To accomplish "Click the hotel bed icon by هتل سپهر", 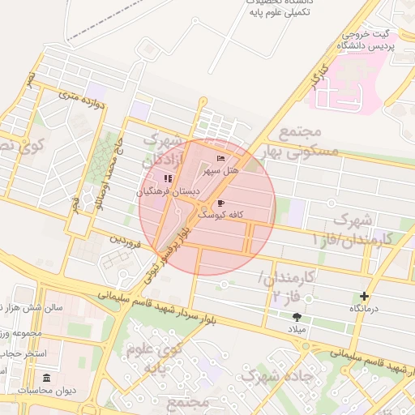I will pos(220,158).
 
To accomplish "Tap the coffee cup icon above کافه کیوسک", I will pos(220,203).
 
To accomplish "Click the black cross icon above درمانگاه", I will pos(364,297).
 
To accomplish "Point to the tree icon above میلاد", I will pos(297,317).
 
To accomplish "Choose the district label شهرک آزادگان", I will pos(160,152).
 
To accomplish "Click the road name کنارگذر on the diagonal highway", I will pos(314,79).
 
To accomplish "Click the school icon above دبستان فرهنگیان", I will pos(168,178).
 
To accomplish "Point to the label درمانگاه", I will pos(363,310).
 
